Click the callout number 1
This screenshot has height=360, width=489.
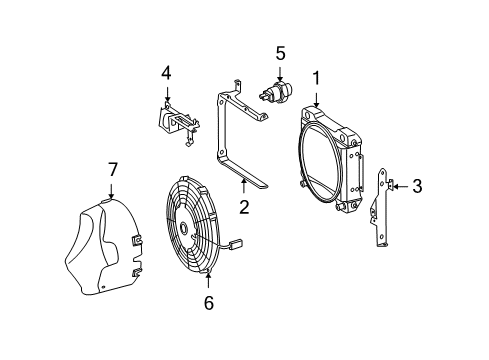click(x=316, y=79)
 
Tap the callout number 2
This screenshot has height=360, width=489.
click(x=244, y=207)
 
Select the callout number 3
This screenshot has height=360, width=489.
click(x=417, y=186)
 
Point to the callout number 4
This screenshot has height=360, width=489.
click(x=166, y=73)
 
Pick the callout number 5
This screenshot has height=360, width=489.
click(x=280, y=53)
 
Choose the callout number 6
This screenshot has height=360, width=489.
click(x=209, y=303)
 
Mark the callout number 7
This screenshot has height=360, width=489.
click(x=113, y=170)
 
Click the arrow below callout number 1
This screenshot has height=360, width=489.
click(x=316, y=99)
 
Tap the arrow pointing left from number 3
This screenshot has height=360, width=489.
click(x=400, y=187)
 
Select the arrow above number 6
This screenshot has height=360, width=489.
click(x=208, y=280)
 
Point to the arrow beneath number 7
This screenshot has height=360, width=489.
click(x=111, y=191)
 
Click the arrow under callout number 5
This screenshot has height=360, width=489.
click(x=280, y=74)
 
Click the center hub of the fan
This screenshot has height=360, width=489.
click(x=183, y=228)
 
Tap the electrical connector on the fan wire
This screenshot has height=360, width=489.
click(x=237, y=244)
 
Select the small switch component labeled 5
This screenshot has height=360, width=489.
click(x=276, y=91)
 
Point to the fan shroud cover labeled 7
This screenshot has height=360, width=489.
click(x=103, y=247)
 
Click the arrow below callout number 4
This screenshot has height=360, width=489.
click(x=167, y=93)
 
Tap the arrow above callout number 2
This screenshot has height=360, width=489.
click(x=244, y=186)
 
